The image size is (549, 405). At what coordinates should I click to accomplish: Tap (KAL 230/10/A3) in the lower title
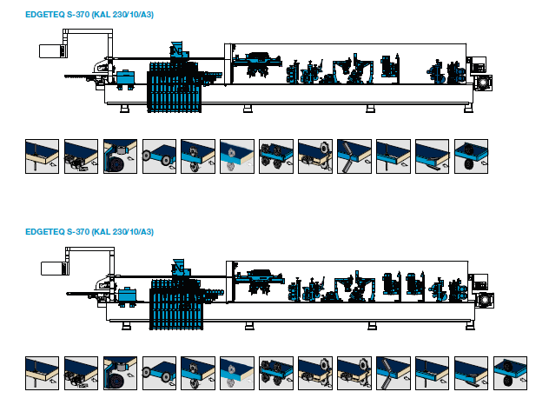coord(123,232)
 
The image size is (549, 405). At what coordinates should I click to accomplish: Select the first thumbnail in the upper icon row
coord(42,156)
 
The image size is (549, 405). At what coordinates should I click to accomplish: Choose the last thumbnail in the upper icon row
coord(471,156)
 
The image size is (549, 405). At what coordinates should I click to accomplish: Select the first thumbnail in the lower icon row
coord(42,373)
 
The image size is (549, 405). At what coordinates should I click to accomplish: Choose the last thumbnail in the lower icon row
coord(510,373)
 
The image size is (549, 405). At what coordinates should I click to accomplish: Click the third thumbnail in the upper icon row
coord(120,156)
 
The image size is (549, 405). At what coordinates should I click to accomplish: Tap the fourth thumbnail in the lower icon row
coord(159,373)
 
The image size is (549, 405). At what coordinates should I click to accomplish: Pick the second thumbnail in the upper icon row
coord(81,156)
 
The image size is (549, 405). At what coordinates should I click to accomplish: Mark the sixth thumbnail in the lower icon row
coord(237,373)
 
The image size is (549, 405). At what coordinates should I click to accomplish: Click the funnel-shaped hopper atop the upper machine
coord(177,47)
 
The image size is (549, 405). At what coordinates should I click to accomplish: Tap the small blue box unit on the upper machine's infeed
coord(126,77)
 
